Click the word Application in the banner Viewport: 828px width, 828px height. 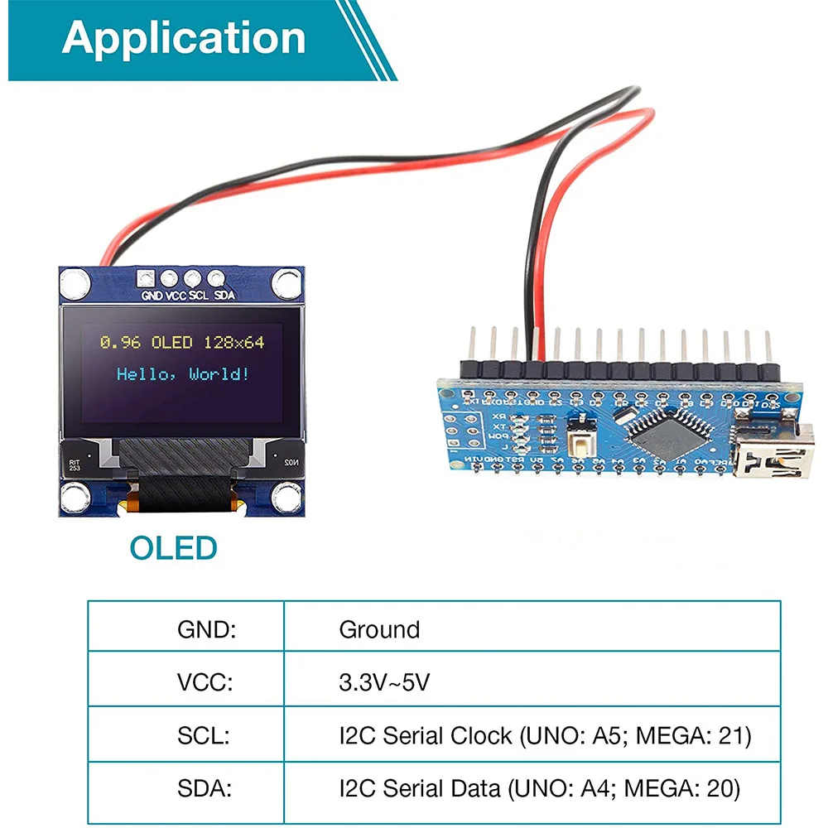(184, 38)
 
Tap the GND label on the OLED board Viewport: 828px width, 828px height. (152, 296)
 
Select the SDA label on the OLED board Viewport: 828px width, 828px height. (224, 296)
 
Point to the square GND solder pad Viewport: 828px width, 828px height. (149, 279)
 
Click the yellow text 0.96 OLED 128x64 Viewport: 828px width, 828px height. (182, 342)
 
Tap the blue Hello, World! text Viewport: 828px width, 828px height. (182, 374)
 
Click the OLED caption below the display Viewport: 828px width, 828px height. (173, 547)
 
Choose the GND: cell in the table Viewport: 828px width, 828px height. (207, 629)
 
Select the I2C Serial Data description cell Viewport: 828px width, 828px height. (539, 788)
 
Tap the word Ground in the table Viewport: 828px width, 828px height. (379, 629)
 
